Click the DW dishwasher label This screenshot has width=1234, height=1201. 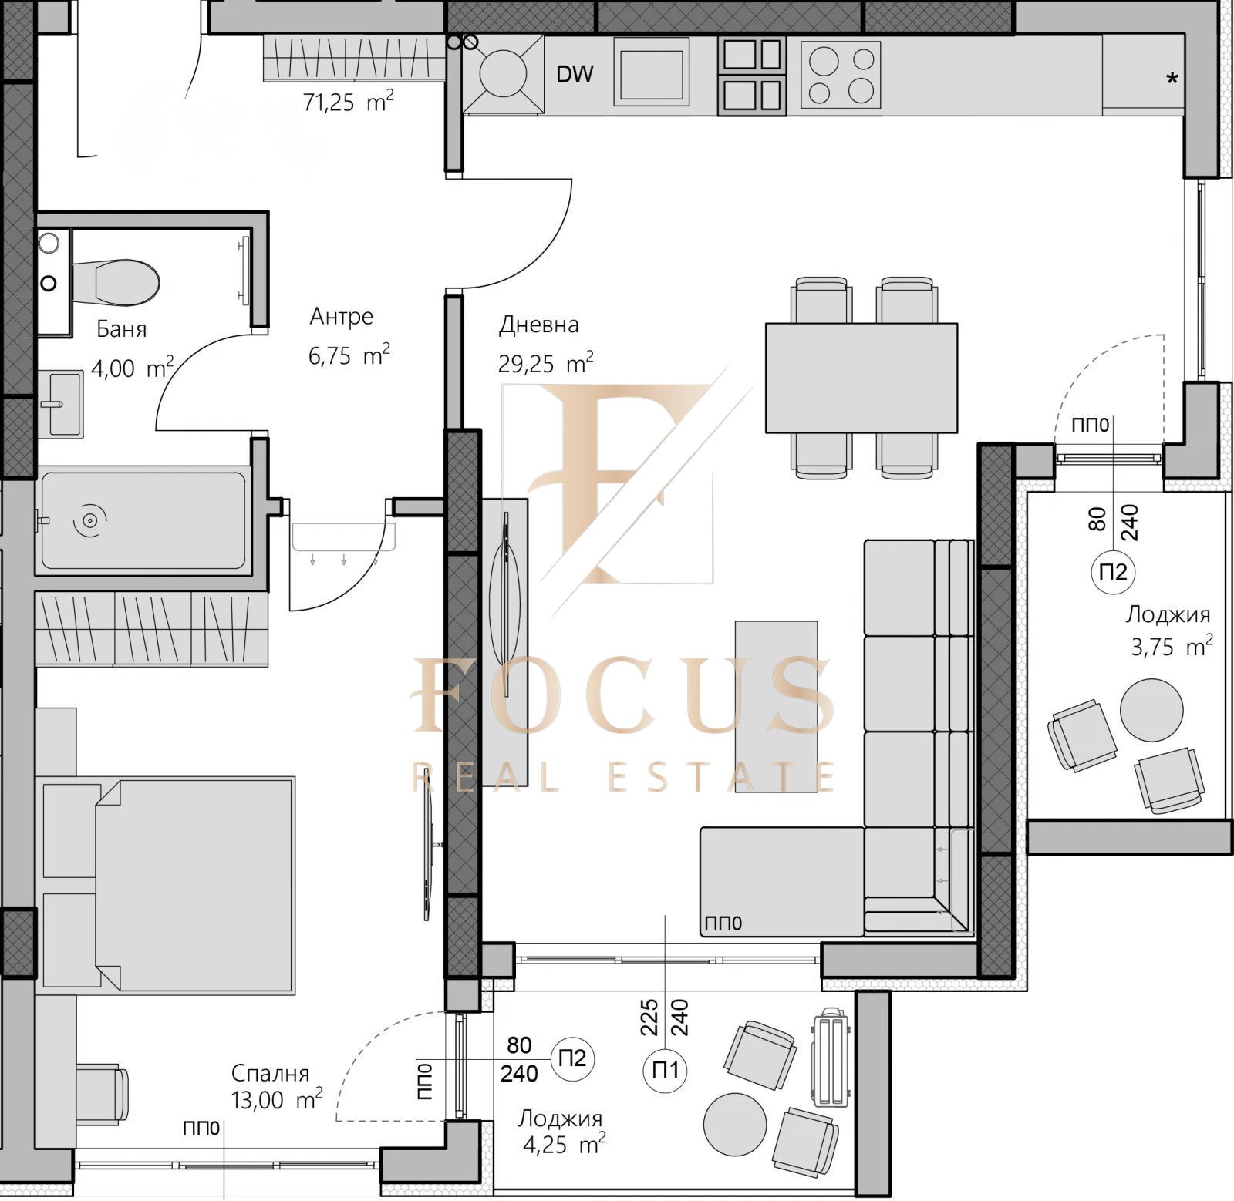[575, 74]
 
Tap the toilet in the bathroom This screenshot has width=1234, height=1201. [116, 282]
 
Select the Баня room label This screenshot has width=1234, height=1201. [121, 329]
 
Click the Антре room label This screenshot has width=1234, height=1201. [342, 316]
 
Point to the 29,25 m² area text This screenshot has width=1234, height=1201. [546, 362]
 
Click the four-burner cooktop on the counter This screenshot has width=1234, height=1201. [841, 74]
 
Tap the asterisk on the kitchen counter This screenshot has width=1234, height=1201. [1172, 78]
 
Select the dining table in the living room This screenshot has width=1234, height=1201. [861, 378]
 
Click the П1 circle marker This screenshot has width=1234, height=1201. [665, 1070]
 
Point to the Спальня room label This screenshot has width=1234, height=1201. [270, 1073]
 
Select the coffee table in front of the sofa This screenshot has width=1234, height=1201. [776, 706]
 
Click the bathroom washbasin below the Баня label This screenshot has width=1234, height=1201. [60, 403]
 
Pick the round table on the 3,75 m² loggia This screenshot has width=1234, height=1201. [1151, 710]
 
